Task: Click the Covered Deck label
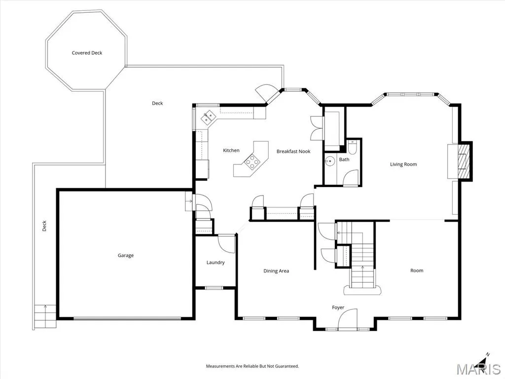click(87, 53)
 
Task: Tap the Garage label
click(126, 255)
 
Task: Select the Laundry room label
click(216, 263)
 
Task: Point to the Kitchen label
click(231, 150)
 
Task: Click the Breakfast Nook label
click(293, 151)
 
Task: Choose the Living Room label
click(403, 164)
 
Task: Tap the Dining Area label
click(276, 271)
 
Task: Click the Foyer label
click(338, 307)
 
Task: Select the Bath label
click(344, 159)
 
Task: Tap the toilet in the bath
click(352, 147)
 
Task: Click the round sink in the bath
click(329, 160)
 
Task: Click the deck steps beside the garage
click(45, 316)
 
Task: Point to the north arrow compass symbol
click(484, 360)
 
